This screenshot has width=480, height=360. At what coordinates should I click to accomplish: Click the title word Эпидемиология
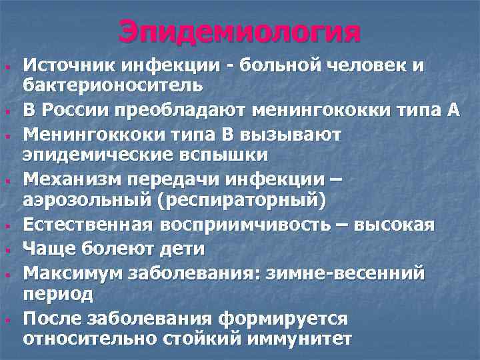[x=240, y=31]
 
